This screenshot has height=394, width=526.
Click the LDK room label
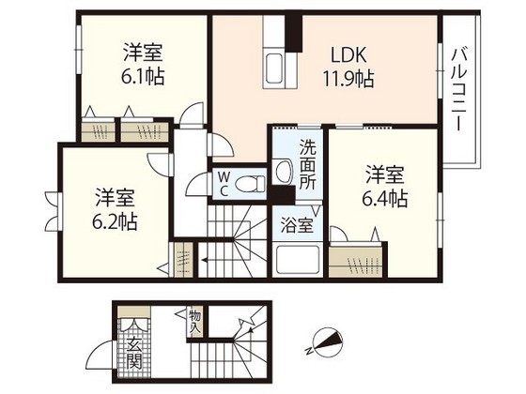[x=348, y=55]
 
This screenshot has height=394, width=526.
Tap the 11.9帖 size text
[x=348, y=79]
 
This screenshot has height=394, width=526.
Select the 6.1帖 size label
[x=143, y=76]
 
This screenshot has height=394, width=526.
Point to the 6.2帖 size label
[x=115, y=221]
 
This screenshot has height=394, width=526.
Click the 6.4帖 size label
[x=385, y=198]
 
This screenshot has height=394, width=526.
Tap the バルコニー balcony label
[x=459, y=89]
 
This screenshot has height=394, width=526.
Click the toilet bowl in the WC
[x=250, y=184]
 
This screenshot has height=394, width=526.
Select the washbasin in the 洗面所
[x=284, y=172]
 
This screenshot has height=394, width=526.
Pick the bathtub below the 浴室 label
[x=297, y=259]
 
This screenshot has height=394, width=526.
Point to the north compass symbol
[x=323, y=341]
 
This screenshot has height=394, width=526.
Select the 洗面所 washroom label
[x=308, y=164]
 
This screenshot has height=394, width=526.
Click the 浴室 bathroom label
[x=297, y=225]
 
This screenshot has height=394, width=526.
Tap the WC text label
[x=224, y=184]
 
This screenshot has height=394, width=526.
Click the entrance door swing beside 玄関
[x=101, y=356]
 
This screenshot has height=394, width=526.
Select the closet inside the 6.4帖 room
[x=356, y=261]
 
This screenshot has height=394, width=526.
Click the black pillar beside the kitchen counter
[x=293, y=33]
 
